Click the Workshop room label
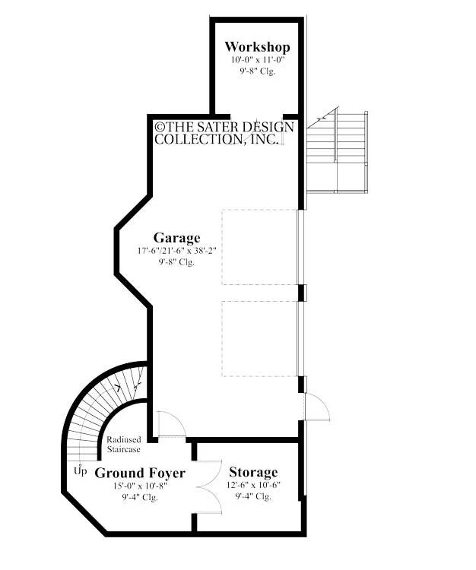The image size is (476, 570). tap(258, 47)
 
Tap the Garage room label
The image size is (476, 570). tap(176, 238)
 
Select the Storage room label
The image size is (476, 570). tap(253, 472)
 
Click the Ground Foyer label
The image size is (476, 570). tap(140, 473)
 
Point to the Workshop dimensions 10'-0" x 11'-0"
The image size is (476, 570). tap(258, 60)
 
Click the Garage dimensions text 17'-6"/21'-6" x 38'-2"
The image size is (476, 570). tap(177, 251)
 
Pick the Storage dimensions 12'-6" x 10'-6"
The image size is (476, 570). tap(253, 485)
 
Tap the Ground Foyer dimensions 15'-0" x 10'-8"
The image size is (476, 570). tap(140, 486)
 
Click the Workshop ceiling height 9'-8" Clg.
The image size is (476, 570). tap(258, 71)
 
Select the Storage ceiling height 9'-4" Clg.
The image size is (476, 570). tap(253, 496)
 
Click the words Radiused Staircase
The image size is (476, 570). tap(124, 445)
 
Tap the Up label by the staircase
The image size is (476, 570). tap(81, 470)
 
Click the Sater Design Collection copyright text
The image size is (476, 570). tap(224, 133)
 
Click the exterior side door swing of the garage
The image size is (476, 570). tap(317, 407)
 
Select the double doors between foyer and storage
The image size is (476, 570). tap(209, 487)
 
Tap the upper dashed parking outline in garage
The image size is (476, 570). tap(260, 247)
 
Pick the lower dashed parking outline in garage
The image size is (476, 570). tap(260, 339)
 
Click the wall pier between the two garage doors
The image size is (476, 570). tap(301, 293)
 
